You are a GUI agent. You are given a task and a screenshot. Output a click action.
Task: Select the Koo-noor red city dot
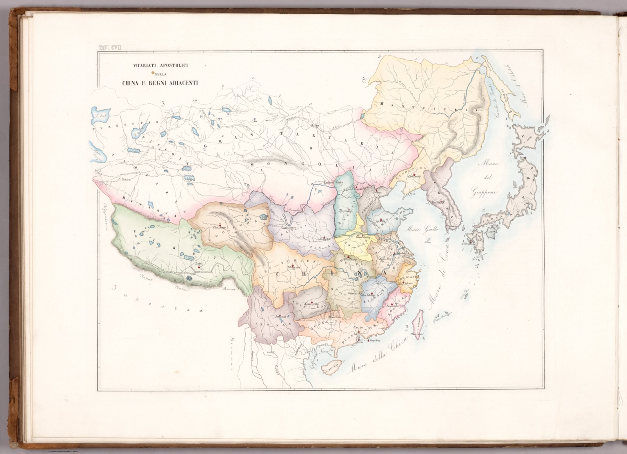(219, 225)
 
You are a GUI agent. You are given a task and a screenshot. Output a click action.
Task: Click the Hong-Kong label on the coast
(375, 340)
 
